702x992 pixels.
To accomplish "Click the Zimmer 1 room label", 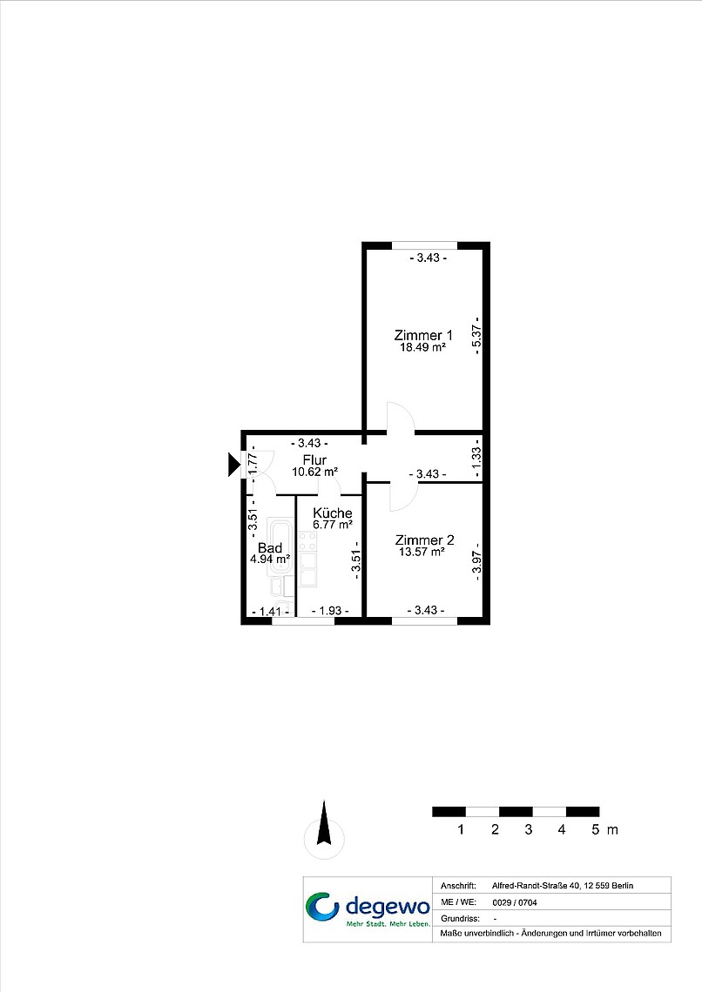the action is coord(423,335).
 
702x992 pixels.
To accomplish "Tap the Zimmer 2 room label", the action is coord(425,540).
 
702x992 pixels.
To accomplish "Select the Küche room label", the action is coord(333,513).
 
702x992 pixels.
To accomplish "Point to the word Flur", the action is coord(314,460).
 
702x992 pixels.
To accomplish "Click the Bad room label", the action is coord(270,548).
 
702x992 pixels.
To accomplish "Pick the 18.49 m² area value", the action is coord(422,347).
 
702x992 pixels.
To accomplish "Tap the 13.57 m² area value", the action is coord(422,552).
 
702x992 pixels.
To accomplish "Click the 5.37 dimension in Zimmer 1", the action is coord(477,335).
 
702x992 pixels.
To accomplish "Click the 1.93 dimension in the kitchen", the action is coord(330,611).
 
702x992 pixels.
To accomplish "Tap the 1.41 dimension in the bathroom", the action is coord(270,611).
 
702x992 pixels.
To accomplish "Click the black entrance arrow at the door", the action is coord(234,465).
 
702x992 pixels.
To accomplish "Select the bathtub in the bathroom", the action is coord(280,546).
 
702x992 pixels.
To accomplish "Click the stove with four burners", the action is coord(307,541).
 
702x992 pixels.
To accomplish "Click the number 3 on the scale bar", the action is coord(528,829).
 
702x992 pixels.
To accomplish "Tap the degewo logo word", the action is coord(388,908).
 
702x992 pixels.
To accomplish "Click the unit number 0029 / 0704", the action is coord(515,902).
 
